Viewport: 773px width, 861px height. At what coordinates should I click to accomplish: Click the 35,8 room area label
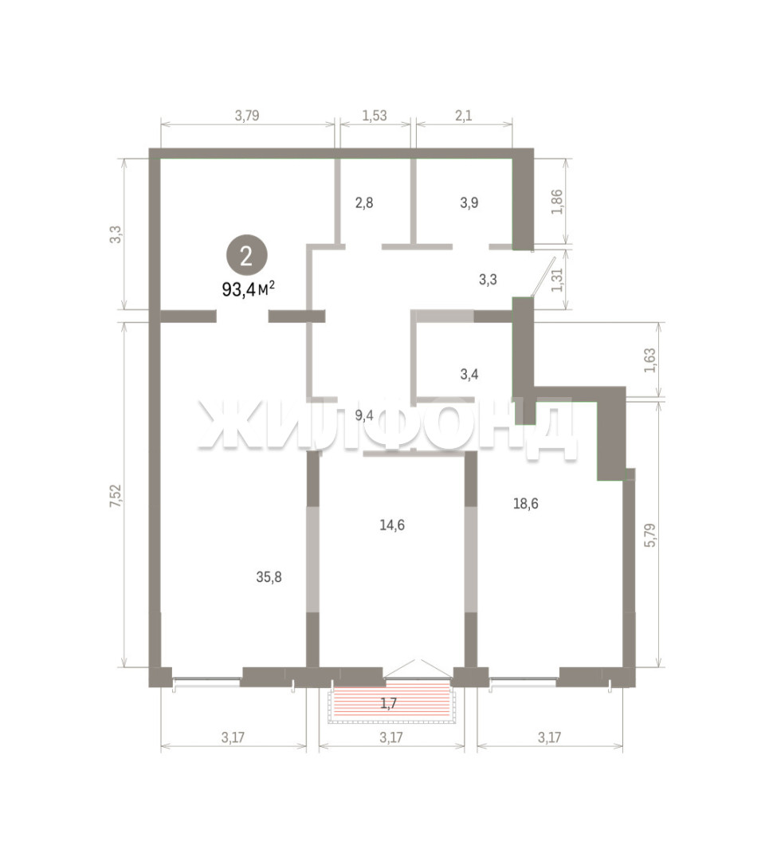[x=269, y=576]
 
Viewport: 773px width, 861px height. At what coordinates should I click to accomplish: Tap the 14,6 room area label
[x=392, y=525]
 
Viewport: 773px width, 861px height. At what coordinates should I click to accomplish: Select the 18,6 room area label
[x=525, y=503]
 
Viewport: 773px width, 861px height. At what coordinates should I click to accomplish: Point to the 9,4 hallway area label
[x=364, y=415]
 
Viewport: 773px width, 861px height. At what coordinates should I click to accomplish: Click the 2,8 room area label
[x=364, y=202]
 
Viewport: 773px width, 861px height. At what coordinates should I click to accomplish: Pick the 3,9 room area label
[x=469, y=202]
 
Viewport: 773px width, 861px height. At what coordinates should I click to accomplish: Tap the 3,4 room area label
[x=469, y=375]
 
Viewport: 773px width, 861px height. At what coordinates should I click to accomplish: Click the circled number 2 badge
[x=246, y=256]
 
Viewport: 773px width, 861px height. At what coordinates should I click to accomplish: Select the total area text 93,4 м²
[x=248, y=289]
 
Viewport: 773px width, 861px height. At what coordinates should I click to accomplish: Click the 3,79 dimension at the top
[x=247, y=116]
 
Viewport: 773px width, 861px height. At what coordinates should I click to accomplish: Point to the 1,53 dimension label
[x=375, y=116]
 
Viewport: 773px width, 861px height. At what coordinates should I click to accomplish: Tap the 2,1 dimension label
[x=464, y=116]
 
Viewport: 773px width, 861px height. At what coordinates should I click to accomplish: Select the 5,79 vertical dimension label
[x=650, y=535]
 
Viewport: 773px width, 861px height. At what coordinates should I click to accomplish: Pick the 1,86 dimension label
[x=557, y=201]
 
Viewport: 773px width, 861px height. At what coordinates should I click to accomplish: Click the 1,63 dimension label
[x=650, y=360]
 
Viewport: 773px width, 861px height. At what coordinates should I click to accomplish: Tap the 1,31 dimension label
[x=557, y=280]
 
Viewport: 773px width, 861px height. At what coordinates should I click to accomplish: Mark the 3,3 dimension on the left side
[x=116, y=234]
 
